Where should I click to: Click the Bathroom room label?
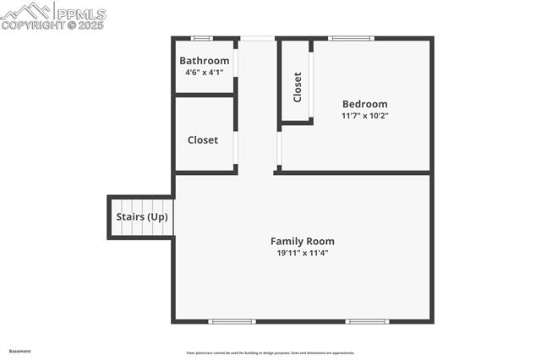tap(204, 61)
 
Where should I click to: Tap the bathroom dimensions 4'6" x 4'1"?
tap(204, 73)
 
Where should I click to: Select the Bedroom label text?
tap(364, 104)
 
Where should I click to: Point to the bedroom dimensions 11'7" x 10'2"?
tap(364, 116)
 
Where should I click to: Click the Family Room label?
tap(302, 241)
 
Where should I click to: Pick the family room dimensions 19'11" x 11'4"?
tap(302, 253)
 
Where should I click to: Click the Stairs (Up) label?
tap(142, 217)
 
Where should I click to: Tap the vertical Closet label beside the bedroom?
tap(298, 87)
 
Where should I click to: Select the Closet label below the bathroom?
tap(203, 140)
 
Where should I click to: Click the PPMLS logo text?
tap(79, 13)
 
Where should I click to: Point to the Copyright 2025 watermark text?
tap(52, 25)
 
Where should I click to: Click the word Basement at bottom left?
tap(19, 351)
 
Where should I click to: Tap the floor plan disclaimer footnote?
tap(270, 353)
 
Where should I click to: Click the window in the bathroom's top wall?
tap(201, 38)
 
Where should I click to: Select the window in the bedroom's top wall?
tap(350, 38)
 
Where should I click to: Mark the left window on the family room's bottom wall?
tap(232, 321)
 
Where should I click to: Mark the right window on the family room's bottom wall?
tap(368, 321)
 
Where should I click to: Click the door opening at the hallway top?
tap(257, 38)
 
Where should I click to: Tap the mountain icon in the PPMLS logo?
tap(25, 11)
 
